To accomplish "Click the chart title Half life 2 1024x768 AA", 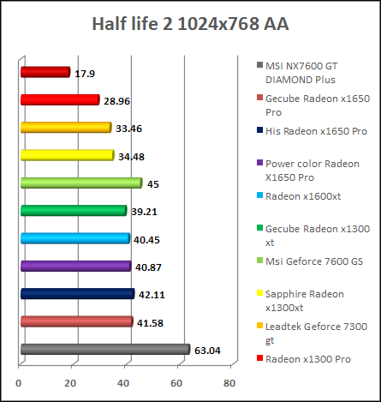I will [x=190, y=23].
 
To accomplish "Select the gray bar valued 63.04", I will [x=104, y=349].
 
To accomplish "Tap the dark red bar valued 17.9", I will [x=44, y=72].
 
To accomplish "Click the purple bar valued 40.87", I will [x=74, y=266].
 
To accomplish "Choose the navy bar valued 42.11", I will [x=76, y=294].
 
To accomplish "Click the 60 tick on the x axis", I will [x=178, y=382].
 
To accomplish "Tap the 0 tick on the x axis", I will [x=20, y=382].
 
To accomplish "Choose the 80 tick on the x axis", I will [x=229, y=382].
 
